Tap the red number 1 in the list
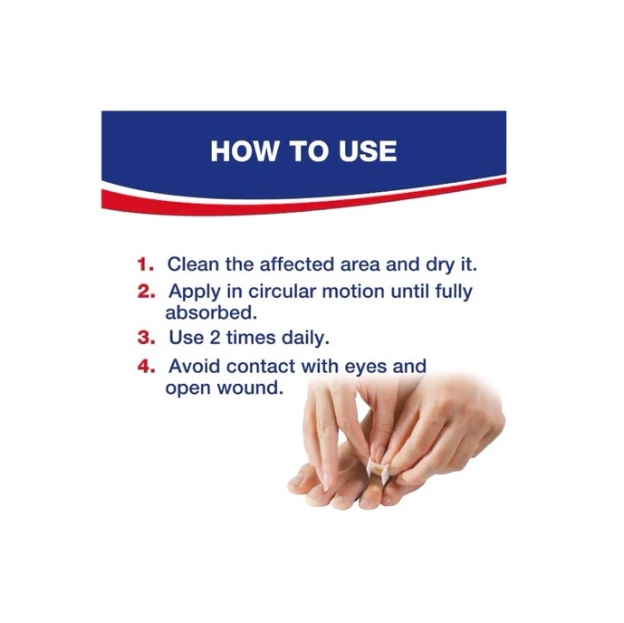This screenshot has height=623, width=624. click(145, 264)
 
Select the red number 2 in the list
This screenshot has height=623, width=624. click(146, 292)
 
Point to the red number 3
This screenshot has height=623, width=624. click(146, 338)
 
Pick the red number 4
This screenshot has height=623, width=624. click(146, 367)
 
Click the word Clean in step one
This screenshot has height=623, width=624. click(193, 264)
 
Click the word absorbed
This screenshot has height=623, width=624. click(211, 312)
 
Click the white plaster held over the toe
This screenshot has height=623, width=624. click(378, 471)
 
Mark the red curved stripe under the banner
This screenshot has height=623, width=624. click(303, 201)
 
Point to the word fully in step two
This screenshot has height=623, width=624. click(454, 292)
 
